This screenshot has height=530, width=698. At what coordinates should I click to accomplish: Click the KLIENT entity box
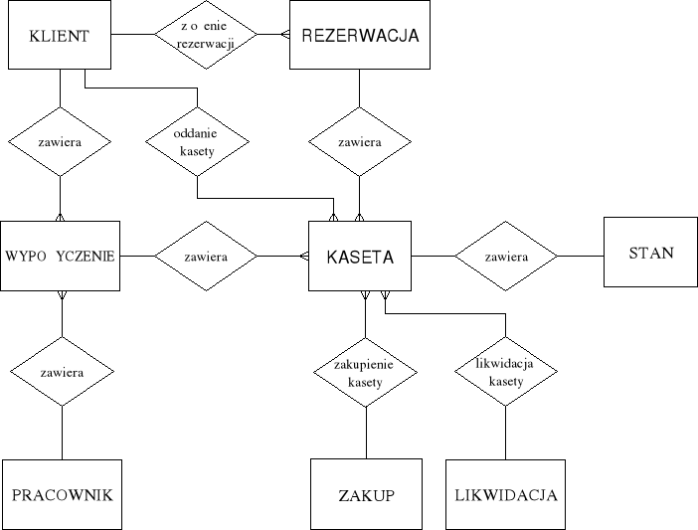61,36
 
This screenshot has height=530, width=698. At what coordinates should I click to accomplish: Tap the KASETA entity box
360,257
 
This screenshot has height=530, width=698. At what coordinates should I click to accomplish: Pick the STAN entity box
651,253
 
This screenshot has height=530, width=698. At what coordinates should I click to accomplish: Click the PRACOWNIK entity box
62,494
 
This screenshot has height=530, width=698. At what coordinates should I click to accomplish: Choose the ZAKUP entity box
366,494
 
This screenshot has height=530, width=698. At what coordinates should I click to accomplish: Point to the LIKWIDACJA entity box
505,494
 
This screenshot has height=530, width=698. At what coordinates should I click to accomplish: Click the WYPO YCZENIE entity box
61,256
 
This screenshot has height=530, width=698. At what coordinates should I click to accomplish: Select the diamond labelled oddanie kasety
196,141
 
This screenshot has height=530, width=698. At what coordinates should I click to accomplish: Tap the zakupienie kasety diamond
366,373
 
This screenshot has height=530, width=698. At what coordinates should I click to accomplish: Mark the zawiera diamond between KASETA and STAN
505,257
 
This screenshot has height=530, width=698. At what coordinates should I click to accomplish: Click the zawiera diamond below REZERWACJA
359,142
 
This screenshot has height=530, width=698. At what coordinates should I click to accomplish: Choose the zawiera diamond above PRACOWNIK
62,373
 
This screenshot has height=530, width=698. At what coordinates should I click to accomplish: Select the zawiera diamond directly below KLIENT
61,142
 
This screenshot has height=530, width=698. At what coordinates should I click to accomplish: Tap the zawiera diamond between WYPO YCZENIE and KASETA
205,257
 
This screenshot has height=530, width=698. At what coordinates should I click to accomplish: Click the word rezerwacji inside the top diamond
205,44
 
